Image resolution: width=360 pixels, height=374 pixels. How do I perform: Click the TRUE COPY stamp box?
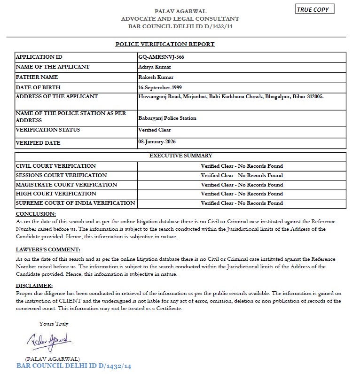pyautogui.click(x=315, y=9)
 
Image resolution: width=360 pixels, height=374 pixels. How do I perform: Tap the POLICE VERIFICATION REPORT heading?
pyautogui.click(x=165, y=44)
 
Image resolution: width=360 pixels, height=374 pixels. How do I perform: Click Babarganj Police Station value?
pyautogui.click(x=167, y=118)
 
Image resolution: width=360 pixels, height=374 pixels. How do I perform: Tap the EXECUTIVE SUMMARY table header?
pyautogui.click(x=180, y=156)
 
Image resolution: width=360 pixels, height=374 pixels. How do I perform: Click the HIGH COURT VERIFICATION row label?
pyautogui.click(x=56, y=194)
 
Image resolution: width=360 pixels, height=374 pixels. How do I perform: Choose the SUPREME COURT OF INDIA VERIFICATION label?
pyautogui.click(x=75, y=203)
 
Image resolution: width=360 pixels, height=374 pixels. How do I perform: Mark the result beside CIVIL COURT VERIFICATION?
pyautogui.click(x=242, y=166)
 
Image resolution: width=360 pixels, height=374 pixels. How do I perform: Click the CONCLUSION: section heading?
pyautogui.click(x=36, y=214)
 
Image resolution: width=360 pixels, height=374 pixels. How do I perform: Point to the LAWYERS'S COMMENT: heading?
pyautogui.click(x=48, y=249)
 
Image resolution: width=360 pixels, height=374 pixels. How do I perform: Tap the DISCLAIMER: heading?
pyautogui.click(x=34, y=285)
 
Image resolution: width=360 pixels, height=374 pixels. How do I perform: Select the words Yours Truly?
pyautogui.click(x=54, y=324)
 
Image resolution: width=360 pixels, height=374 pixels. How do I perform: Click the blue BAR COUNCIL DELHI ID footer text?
pyautogui.click(x=73, y=366)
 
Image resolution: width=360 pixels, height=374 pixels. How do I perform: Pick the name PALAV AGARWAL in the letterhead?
pyautogui.click(x=180, y=11)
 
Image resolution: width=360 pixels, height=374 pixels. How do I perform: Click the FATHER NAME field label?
pyautogui.click(x=37, y=77)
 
